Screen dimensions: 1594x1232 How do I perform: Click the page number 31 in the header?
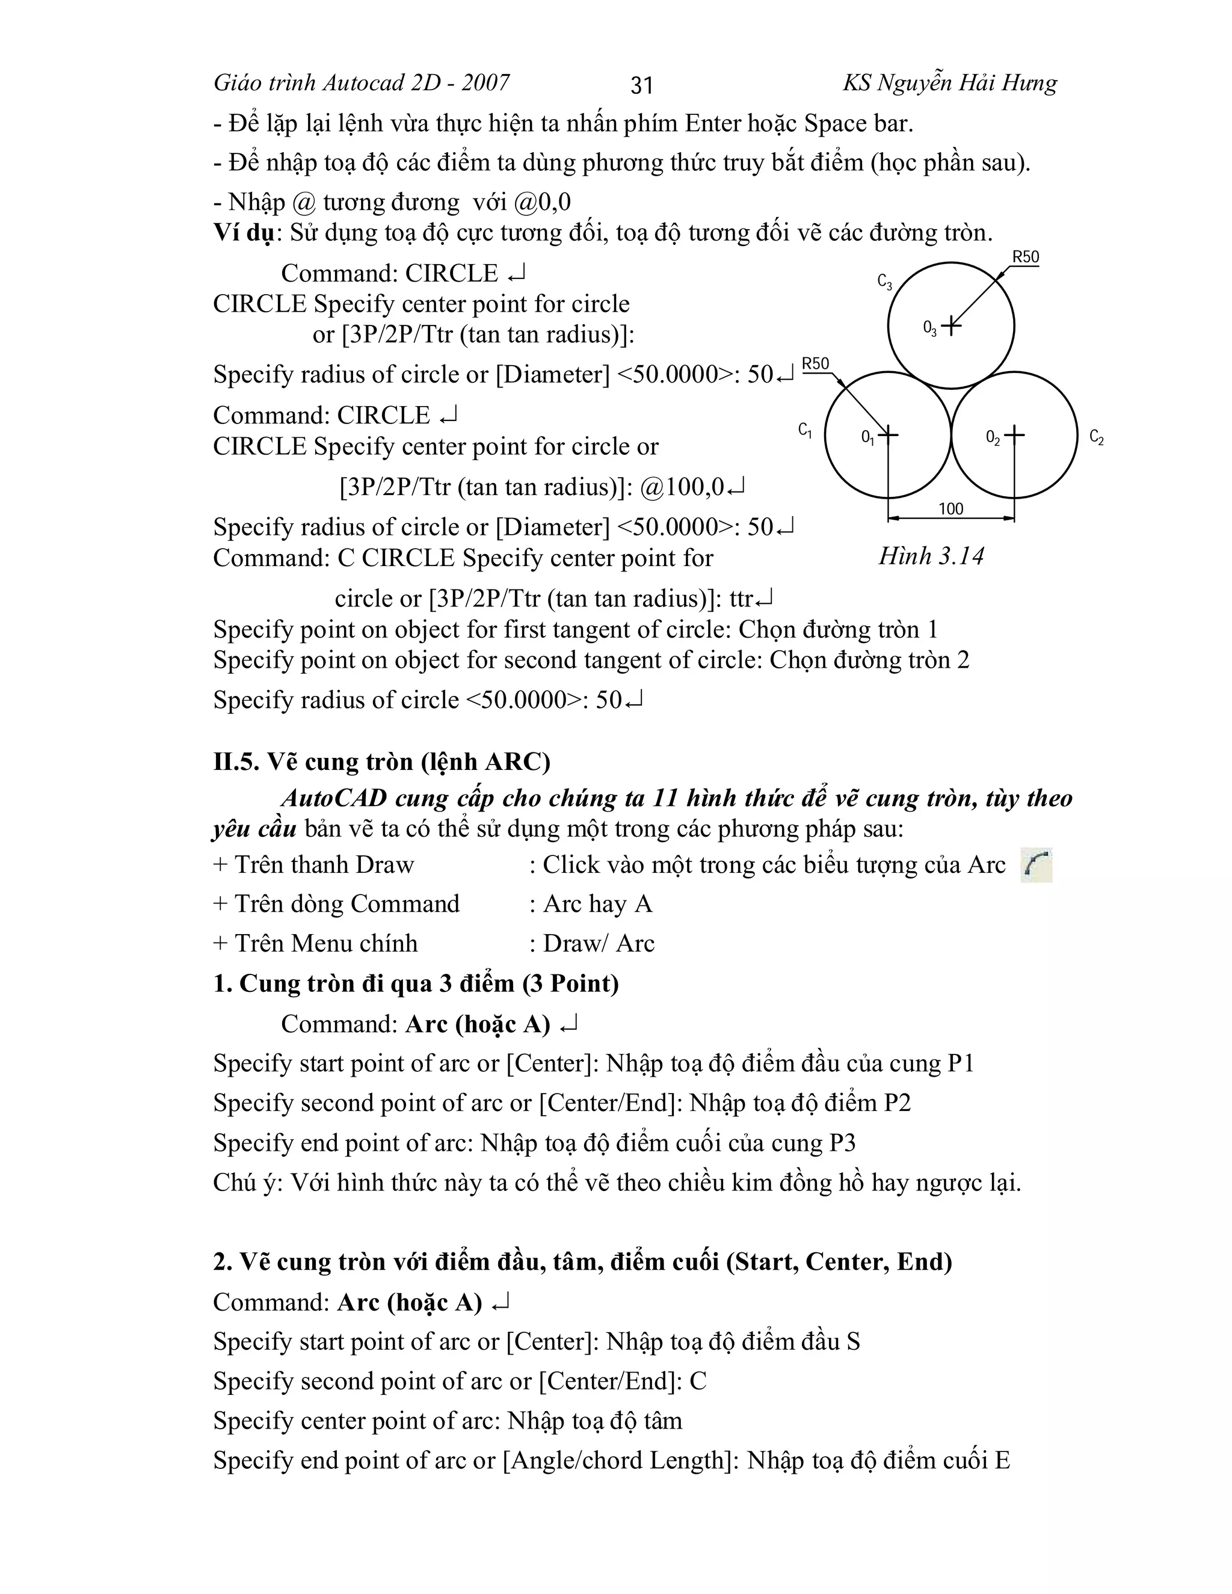coord(641,85)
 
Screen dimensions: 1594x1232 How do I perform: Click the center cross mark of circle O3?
coord(951,325)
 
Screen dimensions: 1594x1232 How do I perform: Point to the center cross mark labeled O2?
coord(1014,435)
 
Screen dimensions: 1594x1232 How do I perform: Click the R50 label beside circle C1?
coord(815,363)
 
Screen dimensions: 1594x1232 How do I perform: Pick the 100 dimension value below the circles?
coord(950,509)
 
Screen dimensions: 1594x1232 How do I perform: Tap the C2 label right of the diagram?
coord(1096,437)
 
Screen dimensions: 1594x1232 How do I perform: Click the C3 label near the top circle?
coord(884,282)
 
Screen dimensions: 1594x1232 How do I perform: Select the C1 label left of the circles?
coord(805,431)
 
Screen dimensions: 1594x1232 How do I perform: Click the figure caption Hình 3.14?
coord(931,556)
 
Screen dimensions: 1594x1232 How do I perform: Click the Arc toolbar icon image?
coord(1036,865)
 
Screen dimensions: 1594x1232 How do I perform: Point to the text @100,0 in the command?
coord(682,487)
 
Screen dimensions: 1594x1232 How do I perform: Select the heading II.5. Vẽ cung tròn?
coord(382,762)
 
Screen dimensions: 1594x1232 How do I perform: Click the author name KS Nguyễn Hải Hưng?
coord(949,83)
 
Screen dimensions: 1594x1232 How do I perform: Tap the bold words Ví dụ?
coord(244,233)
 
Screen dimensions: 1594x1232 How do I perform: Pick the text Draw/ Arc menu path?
coord(599,944)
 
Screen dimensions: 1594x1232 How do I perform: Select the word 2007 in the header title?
coord(485,83)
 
